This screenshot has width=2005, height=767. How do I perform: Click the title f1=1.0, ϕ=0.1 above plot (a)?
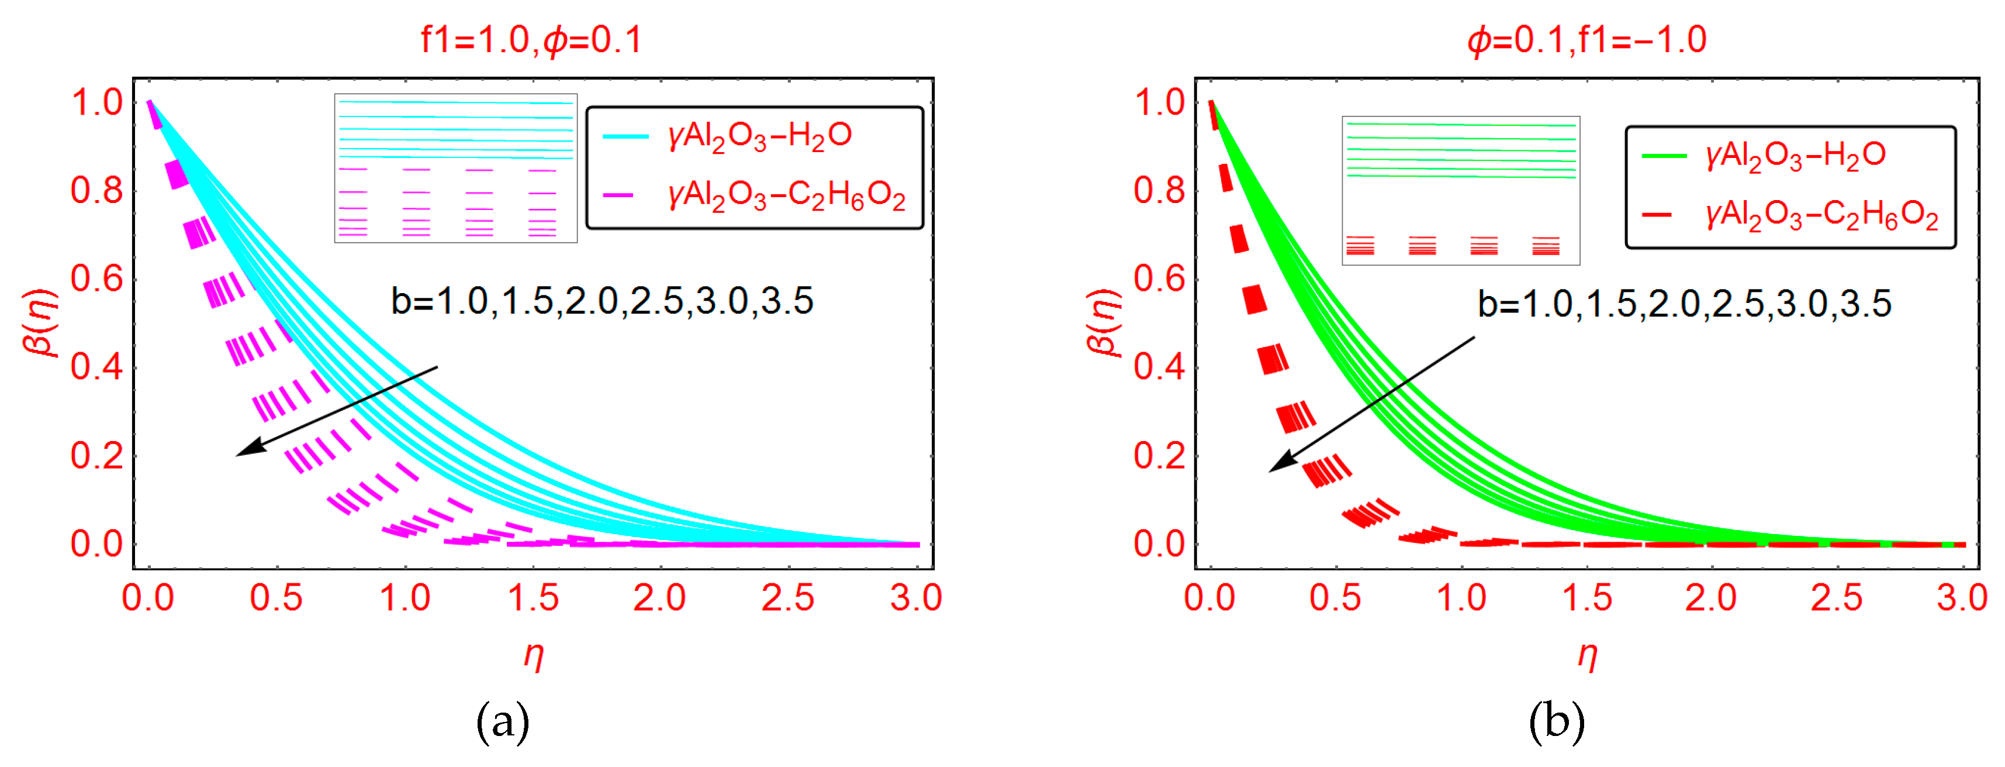531,39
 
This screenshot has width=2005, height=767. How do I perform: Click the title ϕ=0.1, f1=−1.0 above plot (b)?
1586,39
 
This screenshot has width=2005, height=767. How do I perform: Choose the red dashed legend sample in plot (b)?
1657,214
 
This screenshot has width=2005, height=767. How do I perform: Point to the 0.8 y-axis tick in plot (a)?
96,191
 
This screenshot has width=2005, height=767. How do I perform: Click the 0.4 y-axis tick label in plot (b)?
1159,367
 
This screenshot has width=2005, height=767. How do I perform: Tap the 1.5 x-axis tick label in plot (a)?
533,598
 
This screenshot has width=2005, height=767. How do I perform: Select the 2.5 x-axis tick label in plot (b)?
1836,598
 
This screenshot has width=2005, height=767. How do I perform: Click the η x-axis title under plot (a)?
533,656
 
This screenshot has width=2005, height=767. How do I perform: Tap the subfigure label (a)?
503,722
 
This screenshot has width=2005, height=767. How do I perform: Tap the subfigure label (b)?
1557,722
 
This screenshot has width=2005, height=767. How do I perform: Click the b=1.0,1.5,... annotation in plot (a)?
601,301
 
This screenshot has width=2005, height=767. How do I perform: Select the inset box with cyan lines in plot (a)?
455,168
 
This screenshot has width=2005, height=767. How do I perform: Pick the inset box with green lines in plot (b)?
1460,191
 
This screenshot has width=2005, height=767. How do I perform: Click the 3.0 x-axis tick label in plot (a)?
916,598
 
